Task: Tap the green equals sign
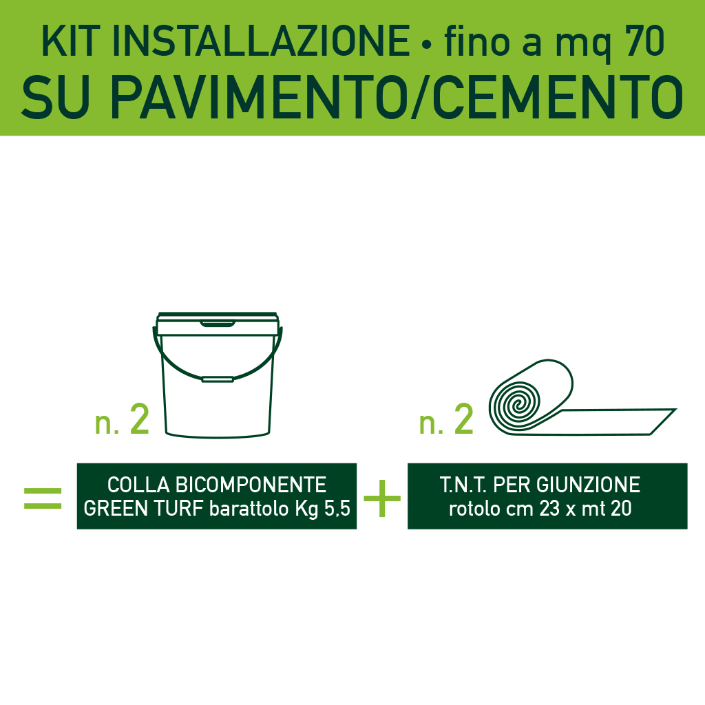tap(43, 498)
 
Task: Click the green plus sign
tap(382, 498)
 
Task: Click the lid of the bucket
tap(218, 323)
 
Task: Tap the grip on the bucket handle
tap(218, 378)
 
